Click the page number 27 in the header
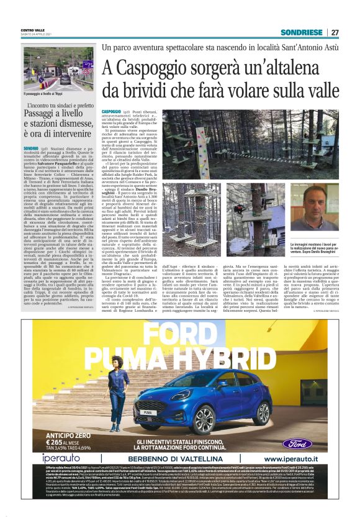point(335,32)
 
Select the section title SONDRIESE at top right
point(301,32)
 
